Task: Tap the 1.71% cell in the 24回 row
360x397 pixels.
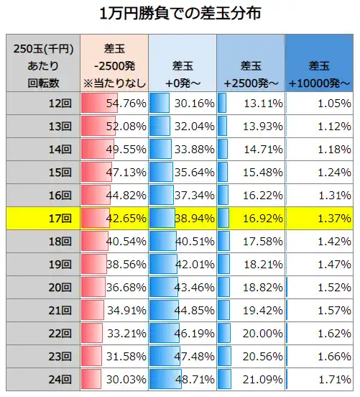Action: (x=319, y=379)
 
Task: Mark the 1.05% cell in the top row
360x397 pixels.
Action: (x=319, y=103)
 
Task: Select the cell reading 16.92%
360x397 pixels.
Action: (x=251, y=218)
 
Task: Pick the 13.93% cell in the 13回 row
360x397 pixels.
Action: (x=251, y=126)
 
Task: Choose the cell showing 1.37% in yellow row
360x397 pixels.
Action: (x=319, y=218)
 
